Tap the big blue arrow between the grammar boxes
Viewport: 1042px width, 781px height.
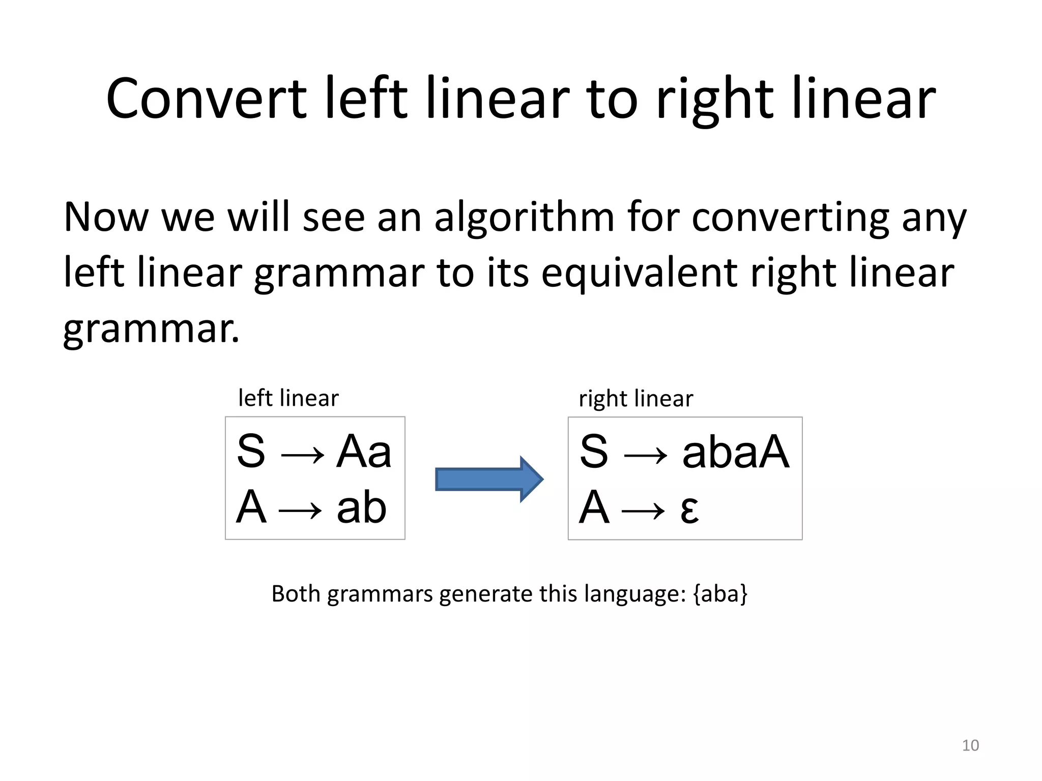point(489,479)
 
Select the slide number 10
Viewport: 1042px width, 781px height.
point(970,745)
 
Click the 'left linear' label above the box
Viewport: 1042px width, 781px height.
point(288,398)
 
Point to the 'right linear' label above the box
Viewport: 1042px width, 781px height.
point(635,399)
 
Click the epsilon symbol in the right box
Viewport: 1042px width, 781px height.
point(689,509)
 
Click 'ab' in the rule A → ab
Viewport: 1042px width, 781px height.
point(361,507)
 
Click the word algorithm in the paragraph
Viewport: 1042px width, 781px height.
point(524,218)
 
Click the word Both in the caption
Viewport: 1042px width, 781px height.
point(295,594)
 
